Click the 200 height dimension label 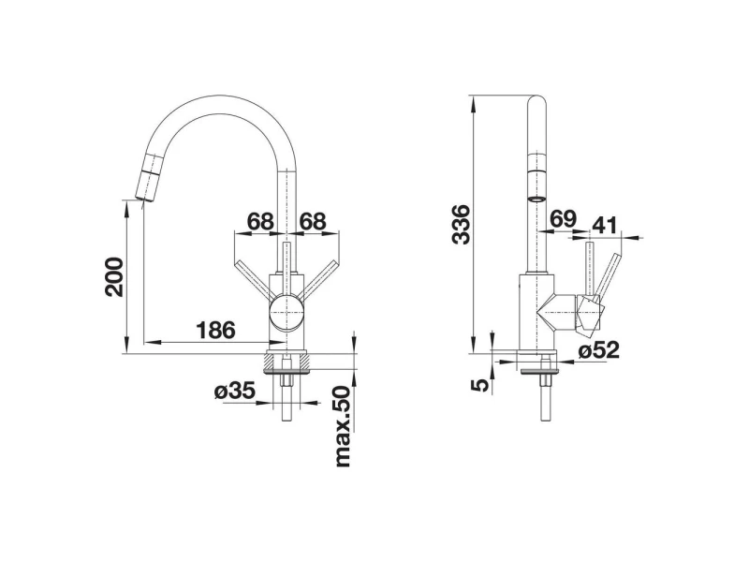pyautogui.click(x=115, y=276)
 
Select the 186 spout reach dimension pyautogui.click(x=216, y=330)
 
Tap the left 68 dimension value pyautogui.click(x=261, y=221)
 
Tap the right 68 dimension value pyautogui.click(x=313, y=221)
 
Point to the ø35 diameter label pyautogui.click(x=235, y=391)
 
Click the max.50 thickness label pyautogui.click(x=344, y=427)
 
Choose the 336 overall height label pyautogui.click(x=461, y=225)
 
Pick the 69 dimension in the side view pyautogui.click(x=564, y=218)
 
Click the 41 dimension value pyautogui.click(x=605, y=225)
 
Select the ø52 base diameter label pyautogui.click(x=598, y=350)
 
